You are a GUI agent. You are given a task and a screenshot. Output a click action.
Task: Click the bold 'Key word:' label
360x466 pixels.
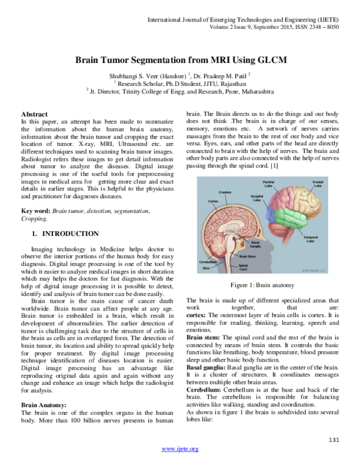[35, 211]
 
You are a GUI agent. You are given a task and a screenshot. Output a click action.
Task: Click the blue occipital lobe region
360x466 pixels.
[275, 210]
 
